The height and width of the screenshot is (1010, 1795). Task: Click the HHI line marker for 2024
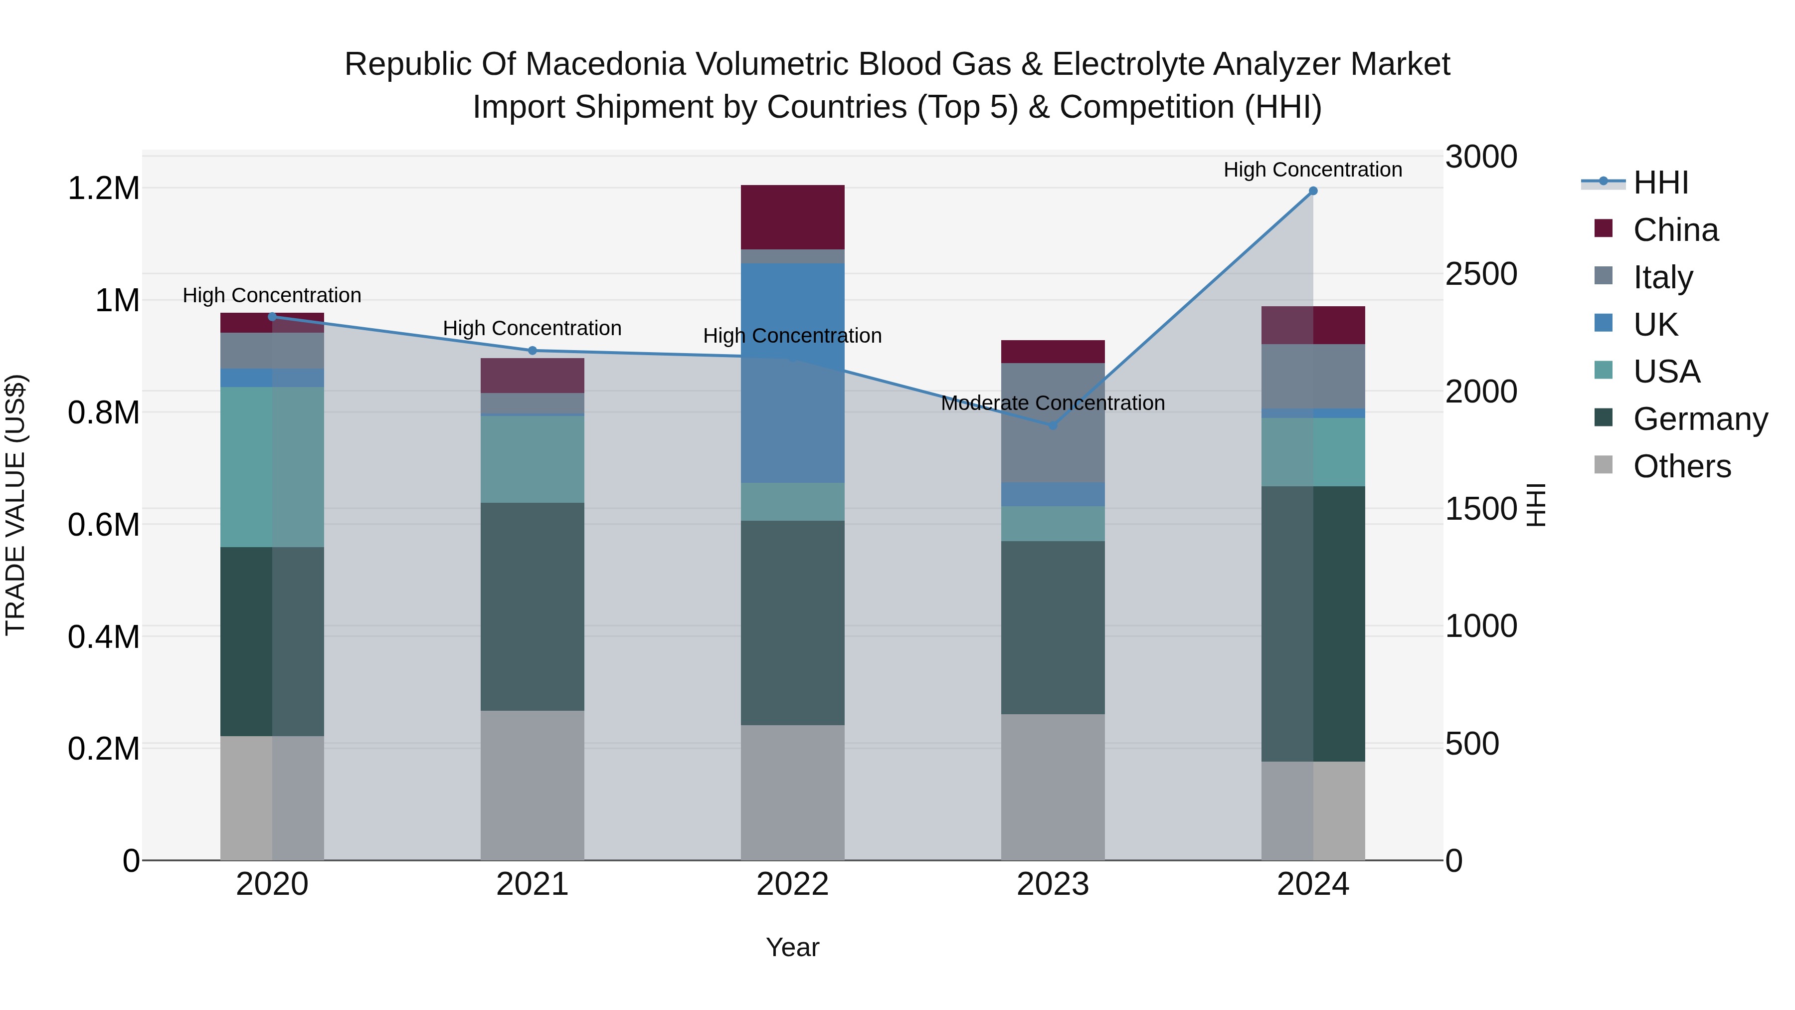tap(1313, 191)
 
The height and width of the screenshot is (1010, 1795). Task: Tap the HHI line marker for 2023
tap(1053, 425)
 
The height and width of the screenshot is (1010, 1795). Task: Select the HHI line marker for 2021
tap(533, 351)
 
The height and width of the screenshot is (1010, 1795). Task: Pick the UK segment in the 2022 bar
tap(792, 373)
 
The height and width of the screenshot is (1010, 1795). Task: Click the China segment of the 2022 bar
tap(792, 217)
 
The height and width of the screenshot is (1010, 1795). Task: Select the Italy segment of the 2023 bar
tap(1053, 422)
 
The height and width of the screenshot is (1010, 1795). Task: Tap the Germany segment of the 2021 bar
tap(533, 606)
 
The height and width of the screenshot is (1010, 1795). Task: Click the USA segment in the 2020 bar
tap(272, 467)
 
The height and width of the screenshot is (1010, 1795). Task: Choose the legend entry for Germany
tap(1700, 419)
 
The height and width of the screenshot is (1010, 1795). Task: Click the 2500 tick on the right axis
tap(1481, 274)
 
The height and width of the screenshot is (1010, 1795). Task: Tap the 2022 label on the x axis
tap(792, 884)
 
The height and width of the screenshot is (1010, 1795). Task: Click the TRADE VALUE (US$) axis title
tap(15, 505)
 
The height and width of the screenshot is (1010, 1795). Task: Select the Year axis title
tap(792, 947)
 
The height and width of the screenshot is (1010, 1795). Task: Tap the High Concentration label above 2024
tap(1313, 170)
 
